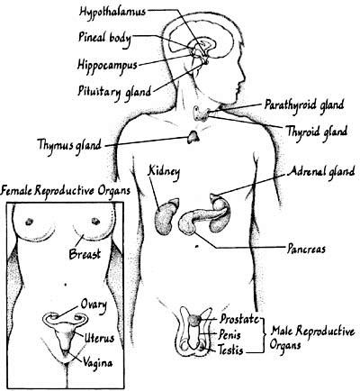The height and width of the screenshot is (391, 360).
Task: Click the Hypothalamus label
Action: pos(112,12)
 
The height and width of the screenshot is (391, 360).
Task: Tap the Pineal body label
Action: pos(104,39)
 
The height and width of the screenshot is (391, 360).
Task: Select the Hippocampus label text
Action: pos(107,65)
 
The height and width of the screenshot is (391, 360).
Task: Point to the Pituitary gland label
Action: pos(114,91)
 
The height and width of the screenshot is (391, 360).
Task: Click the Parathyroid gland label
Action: pos(304,105)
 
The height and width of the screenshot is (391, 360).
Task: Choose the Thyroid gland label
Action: pos(317,132)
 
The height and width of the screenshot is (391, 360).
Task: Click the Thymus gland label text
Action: pos(69,145)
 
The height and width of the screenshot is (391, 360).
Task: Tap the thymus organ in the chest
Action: pos(193,137)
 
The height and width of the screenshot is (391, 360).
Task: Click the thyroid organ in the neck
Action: pos(201,114)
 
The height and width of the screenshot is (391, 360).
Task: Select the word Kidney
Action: pos(164,172)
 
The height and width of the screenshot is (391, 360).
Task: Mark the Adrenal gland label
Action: pos(321,172)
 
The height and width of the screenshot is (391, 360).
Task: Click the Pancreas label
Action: pos(306,249)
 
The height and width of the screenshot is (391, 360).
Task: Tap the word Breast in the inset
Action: pos(85,254)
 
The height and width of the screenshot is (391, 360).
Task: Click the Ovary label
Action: pos(94,305)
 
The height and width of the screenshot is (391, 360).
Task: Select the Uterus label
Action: pos(99,338)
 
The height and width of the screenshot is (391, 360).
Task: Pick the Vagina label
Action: pos(98,363)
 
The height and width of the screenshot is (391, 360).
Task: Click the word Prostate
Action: pos(239,319)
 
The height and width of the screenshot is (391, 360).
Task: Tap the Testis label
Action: pos(230,350)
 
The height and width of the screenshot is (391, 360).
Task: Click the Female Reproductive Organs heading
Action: pos(66,191)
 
